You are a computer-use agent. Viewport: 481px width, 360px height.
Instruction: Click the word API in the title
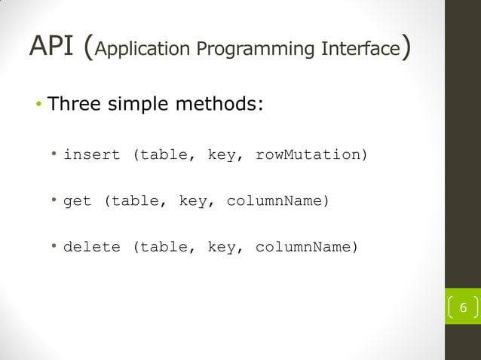point(52,47)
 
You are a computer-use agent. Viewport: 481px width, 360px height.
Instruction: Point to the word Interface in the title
point(357,49)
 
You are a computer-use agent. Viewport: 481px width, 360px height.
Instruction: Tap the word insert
point(91,154)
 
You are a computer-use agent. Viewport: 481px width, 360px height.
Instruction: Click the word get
point(77,202)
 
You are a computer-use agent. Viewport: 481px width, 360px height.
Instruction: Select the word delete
point(91,246)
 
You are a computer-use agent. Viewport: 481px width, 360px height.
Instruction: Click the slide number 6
point(463,308)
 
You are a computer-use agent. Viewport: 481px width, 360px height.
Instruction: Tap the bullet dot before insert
point(55,154)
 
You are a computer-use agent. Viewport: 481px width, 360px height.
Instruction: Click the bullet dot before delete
point(55,246)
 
